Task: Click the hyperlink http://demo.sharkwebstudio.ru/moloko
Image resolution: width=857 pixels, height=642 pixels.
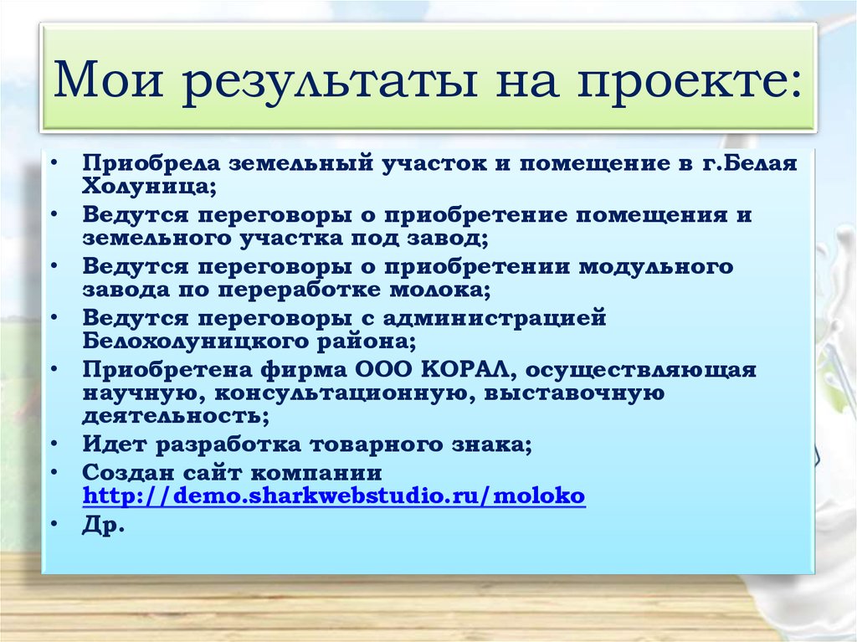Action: [334, 496]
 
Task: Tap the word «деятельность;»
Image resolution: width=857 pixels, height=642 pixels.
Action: [176, 415]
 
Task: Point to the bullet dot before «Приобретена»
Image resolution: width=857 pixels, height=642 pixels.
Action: [53, 369]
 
